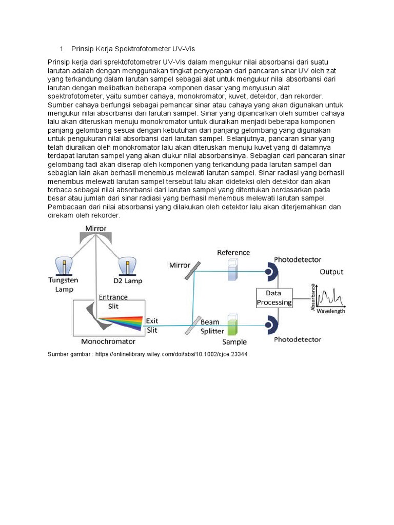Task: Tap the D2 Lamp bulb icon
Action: click(126, 266)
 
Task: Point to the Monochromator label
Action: click(108, 341)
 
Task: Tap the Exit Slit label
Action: click(152, 325)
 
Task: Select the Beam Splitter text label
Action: click(212, 326)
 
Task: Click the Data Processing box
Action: click(274, 297)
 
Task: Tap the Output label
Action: click(331, 272)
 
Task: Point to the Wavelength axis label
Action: click(330, 311)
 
